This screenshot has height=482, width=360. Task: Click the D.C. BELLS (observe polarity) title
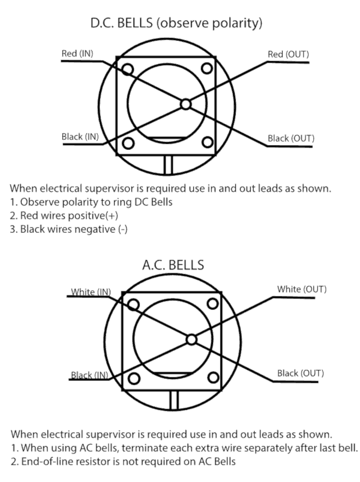point(176,23)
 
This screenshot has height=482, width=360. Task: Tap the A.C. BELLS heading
point(173,265)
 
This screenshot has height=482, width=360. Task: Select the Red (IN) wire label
point(77,53)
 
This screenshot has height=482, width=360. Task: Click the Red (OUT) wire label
point(289,55)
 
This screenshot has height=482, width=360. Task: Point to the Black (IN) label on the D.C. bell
point(80,137)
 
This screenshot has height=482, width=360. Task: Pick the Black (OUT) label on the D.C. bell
point(291,138)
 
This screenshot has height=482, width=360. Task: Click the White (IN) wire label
point(91,292)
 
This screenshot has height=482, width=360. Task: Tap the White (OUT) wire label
point(302,290)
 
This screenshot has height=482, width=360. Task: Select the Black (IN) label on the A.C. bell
point(89,375)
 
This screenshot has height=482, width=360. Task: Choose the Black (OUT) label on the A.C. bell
point(301,373)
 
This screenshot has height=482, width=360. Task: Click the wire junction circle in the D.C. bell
point(185,104)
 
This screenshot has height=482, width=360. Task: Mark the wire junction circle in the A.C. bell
point(191,340)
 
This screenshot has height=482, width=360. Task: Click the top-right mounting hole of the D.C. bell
point(207,68)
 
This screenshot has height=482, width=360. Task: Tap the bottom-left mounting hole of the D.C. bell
point(128,143)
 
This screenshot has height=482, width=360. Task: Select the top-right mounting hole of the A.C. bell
point(212,304)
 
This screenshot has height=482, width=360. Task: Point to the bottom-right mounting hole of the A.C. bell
point(213,378)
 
